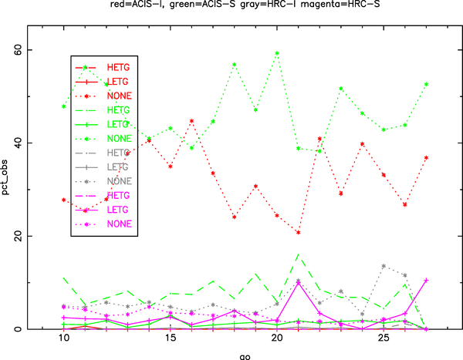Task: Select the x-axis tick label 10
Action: [64, 339]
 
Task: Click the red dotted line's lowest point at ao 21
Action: [298, 232]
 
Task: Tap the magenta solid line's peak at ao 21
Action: [298, 283]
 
